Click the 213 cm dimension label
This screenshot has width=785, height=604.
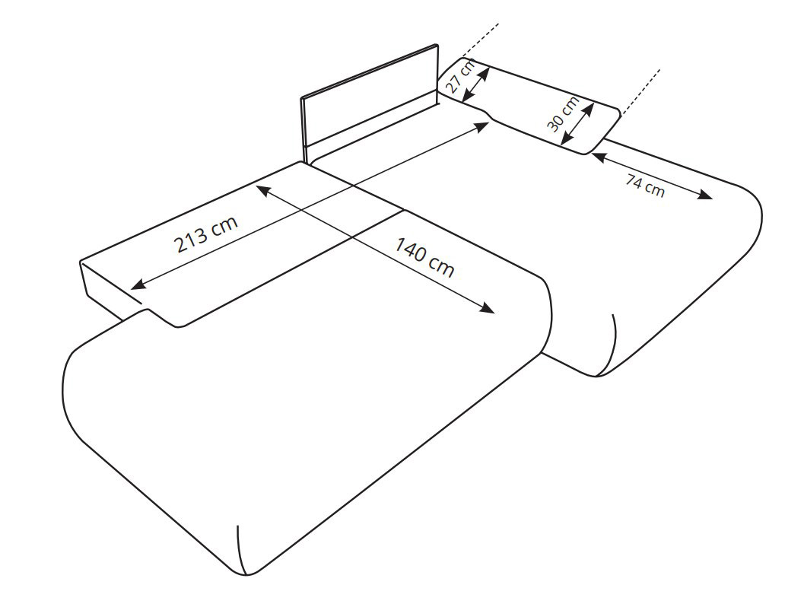coord(206,234)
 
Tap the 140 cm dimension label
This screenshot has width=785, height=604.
coord(425,257)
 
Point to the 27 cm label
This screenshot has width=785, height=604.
coord(460,75)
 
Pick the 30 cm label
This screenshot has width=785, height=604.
coord(563,113)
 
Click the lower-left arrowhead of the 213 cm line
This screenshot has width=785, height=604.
coord(137,285)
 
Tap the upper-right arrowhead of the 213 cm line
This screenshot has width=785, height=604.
coord(481,126)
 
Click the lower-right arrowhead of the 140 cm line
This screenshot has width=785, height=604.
coord(487,307)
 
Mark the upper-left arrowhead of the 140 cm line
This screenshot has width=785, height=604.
coord(263,190)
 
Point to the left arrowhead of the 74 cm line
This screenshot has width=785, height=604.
coord(599,157)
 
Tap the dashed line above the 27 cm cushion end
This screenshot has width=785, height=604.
coord(481,40)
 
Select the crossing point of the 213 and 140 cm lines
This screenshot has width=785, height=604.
coord(354,186)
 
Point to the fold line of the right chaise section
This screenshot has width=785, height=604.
coord(614,345)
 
